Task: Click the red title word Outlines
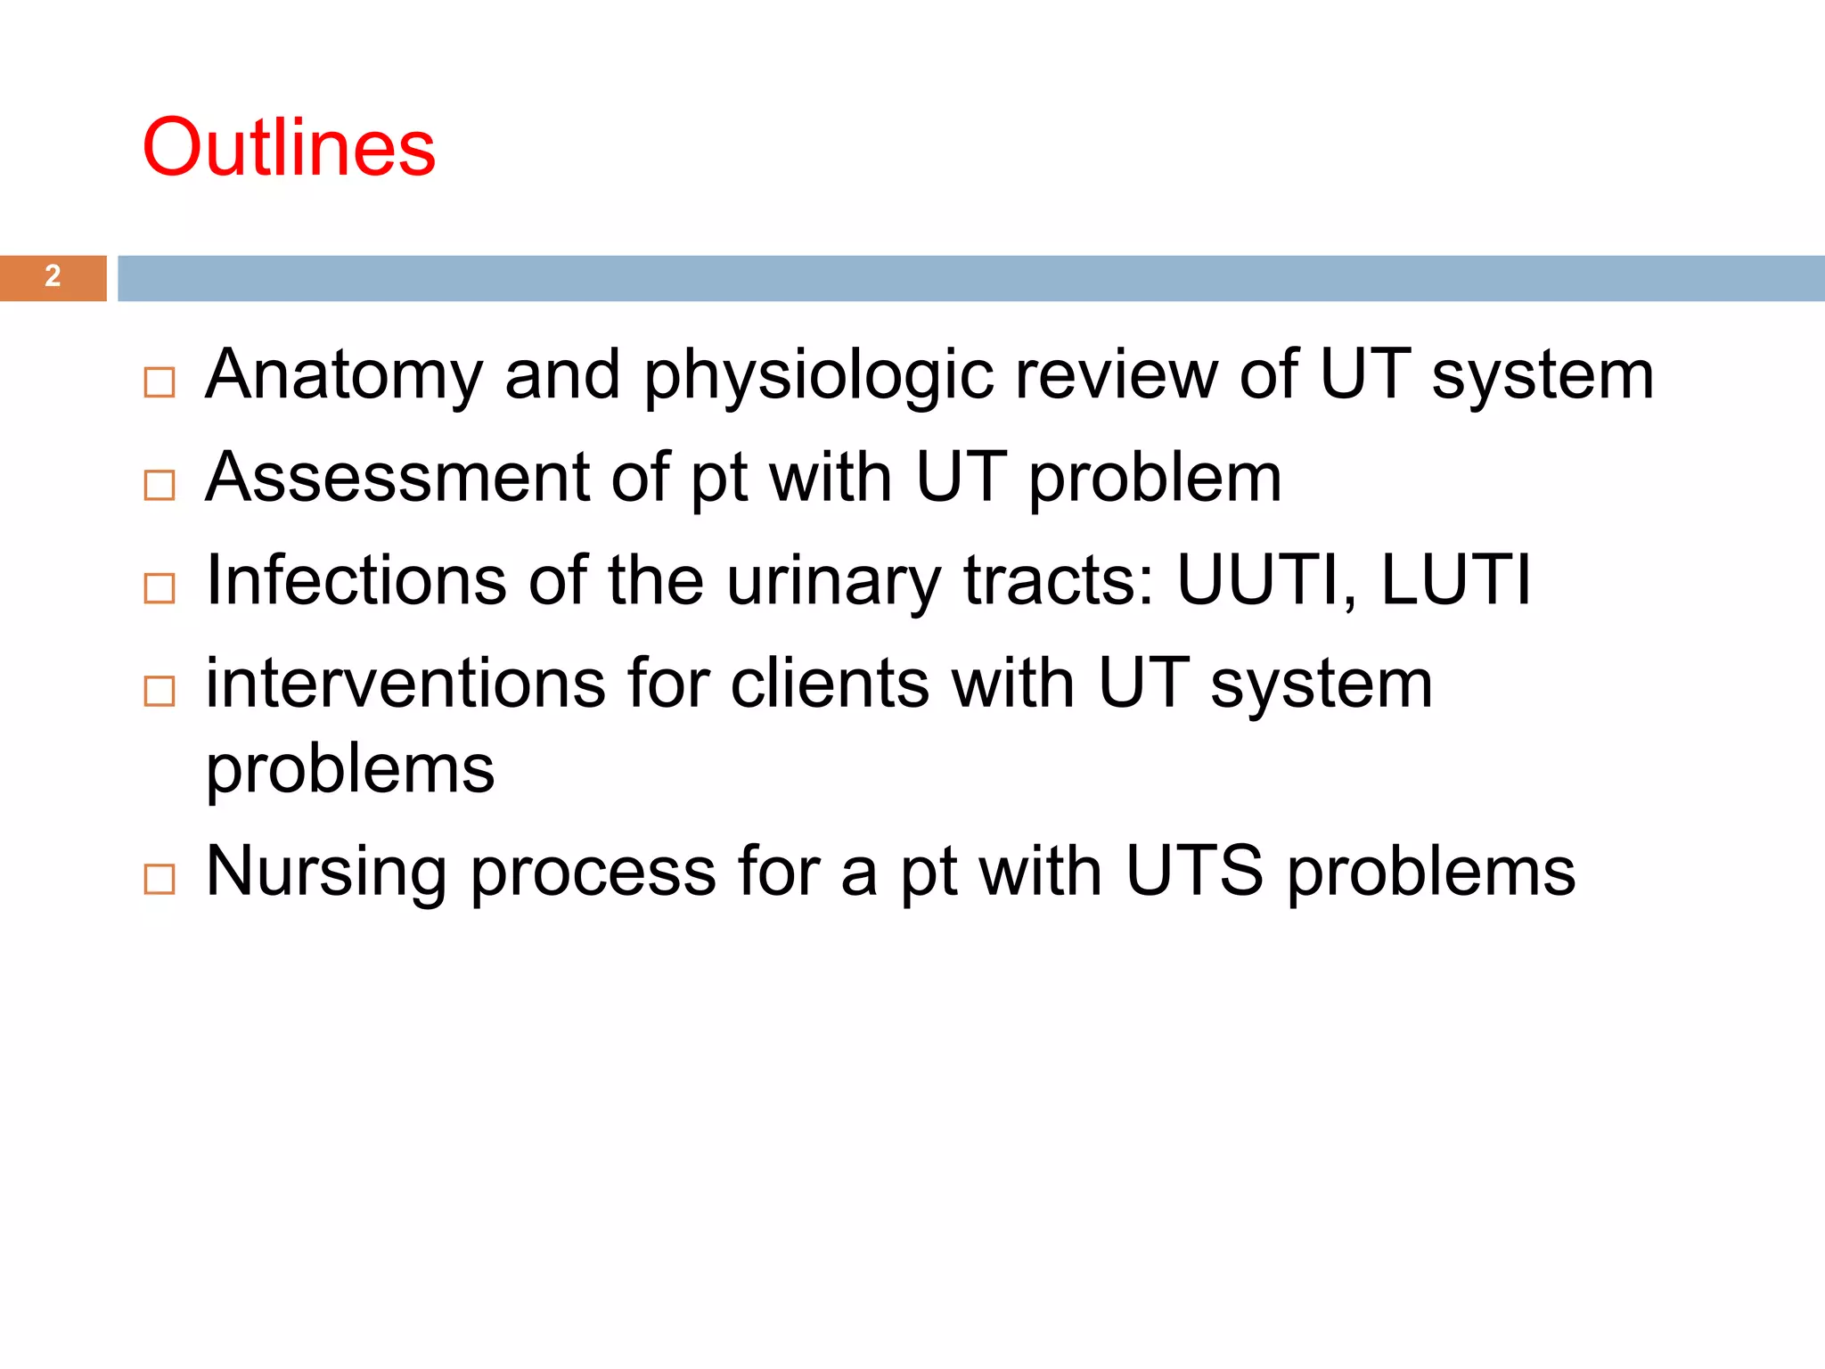tap(289, 147)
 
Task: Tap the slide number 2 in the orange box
tap(53, 276)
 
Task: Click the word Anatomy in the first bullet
tap(344, 376)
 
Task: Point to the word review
tap(1116, 374)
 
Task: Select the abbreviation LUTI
tap(1455, 580)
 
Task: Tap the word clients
tap(830, 684)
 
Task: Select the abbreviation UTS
tap(1194, 871)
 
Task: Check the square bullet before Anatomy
tap(160, 383)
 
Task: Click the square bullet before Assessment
tap(160, 486)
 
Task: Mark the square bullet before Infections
tap(160, 588)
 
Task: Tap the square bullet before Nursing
tap(160, 880)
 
